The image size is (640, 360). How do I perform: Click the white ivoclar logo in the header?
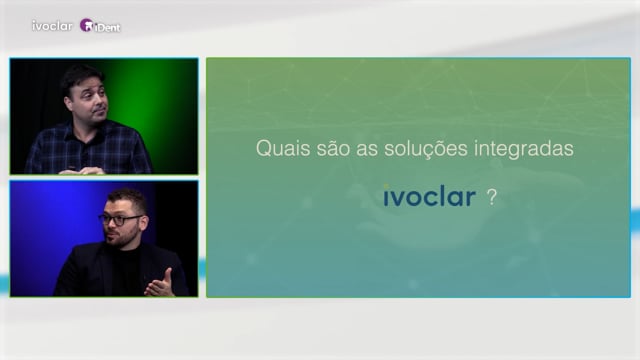(x=52, y=26)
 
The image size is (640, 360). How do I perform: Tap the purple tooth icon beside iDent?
(x=86, y=25)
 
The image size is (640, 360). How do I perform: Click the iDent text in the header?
(x=107, y=27)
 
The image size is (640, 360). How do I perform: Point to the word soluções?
(x=425, y=149)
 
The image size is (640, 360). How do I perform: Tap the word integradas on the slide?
(x=524, y=149)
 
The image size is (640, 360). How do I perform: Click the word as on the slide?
(x=367, y=150)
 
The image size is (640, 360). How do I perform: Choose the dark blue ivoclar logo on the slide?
(x=429, y=196)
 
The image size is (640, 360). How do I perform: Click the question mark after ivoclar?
(x=492, y=198)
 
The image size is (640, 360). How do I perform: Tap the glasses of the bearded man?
(x=120, y=220)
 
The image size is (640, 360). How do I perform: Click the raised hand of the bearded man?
(x=160, y=284)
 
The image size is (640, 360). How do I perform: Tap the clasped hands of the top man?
(x=82, y=171)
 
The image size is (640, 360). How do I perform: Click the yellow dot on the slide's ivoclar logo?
(x=386, y=187)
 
